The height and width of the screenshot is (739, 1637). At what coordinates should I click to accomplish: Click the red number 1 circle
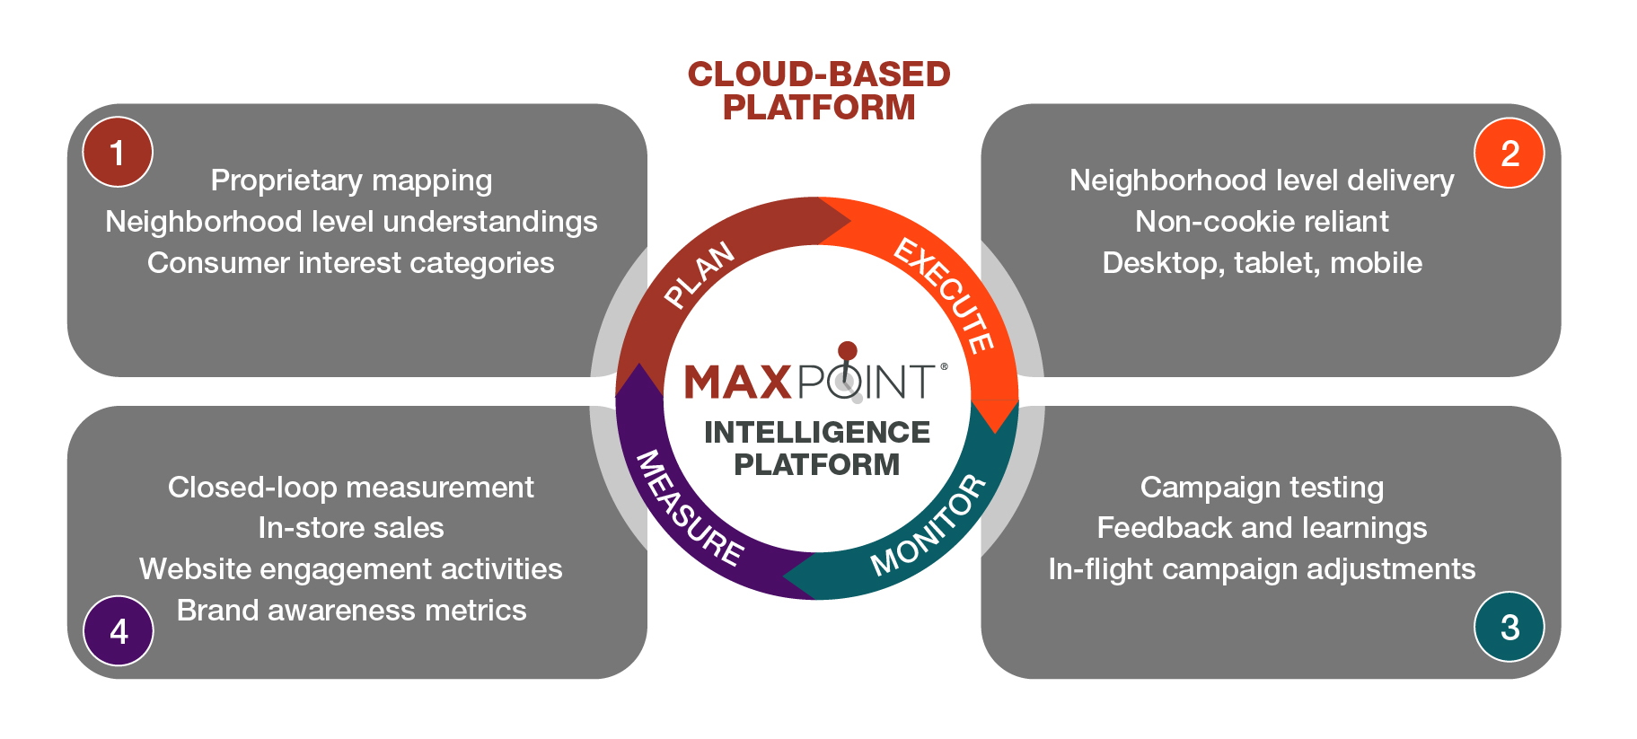pos(118,152)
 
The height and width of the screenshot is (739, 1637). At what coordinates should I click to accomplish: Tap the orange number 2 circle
pos(1509,153)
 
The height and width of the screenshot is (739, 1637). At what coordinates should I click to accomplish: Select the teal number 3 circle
pos(1509,627)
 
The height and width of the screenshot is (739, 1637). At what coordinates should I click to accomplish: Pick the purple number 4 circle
pos(119,631)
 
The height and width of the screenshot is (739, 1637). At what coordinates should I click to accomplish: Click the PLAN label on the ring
pos(700,275)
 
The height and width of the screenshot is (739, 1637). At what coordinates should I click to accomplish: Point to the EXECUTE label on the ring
pos(945,295)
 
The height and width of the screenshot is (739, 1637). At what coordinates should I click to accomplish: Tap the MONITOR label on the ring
pos(929,524)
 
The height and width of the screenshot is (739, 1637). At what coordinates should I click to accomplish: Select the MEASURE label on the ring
pos(689,509)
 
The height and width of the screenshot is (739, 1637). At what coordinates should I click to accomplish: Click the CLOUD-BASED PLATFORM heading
pos(818,91)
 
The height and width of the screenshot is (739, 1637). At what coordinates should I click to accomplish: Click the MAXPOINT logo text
pos(811,382)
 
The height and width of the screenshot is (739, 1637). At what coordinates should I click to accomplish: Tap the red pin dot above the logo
pos(847,350)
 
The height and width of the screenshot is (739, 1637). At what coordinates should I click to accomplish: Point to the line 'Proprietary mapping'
pos(351,180)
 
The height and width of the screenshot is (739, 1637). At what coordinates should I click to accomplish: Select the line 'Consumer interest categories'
pos(351,263)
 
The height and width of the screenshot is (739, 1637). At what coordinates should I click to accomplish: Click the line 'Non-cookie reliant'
pos(1262,222)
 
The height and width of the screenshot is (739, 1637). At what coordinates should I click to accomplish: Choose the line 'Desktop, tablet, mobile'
pos(1262,263)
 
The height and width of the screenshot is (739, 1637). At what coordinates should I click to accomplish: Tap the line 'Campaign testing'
pos(1262,488)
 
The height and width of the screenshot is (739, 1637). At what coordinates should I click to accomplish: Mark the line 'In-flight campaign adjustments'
pos(1262,569)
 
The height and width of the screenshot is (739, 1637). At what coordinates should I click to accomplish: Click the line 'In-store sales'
pos(351,528)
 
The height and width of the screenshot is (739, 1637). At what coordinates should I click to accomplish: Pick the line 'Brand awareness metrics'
pos(351,611)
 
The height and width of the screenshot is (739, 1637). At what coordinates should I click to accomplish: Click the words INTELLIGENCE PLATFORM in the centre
pos(817,448)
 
